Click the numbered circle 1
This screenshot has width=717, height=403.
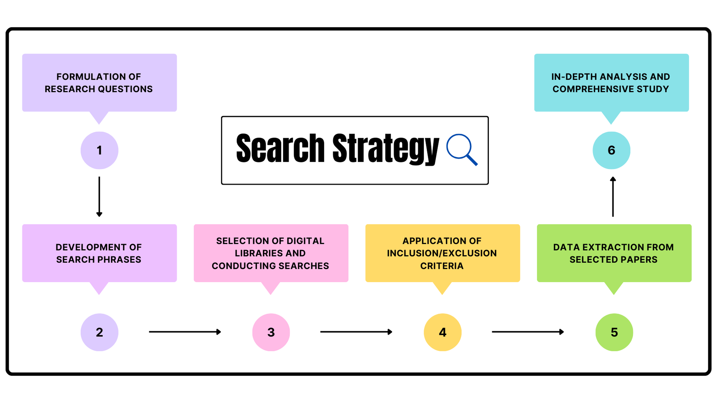99,150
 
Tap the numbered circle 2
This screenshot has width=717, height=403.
99,332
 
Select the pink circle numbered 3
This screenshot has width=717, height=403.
271,332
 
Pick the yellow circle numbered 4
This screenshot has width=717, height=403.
443,332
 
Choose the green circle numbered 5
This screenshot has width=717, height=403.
614,332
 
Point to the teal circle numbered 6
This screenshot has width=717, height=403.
611,150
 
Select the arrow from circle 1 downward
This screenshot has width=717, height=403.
99,196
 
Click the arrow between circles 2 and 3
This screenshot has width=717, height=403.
185,332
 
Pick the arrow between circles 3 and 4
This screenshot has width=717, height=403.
356,332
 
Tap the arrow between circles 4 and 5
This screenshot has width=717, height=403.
528,332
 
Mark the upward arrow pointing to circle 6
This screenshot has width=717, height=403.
613,196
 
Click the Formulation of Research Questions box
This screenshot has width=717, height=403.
99,83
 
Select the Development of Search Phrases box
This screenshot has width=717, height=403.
99,253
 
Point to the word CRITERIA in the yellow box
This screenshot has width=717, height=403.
442,266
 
